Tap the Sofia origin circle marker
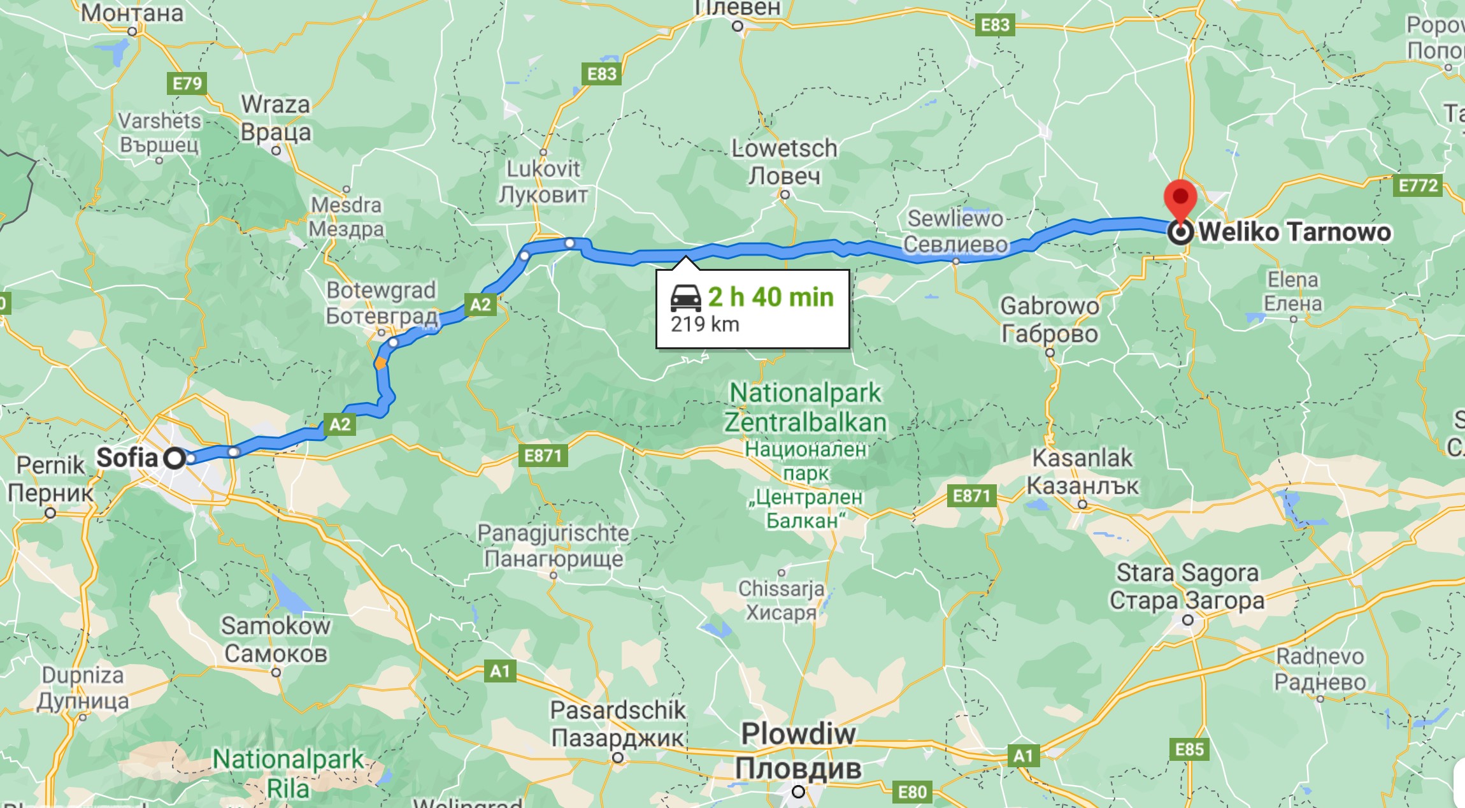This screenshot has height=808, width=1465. [x=175, y=458]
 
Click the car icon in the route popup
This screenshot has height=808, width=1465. [x=685, y=298]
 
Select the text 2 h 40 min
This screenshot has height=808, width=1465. [x=771, y=297]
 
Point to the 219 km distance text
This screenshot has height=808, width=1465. [x=704, y=324]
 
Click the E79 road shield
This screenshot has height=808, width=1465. [x=187, y=83]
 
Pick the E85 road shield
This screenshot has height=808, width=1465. [x=1189, y=749]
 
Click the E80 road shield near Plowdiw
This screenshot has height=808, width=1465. [x=912, y=792]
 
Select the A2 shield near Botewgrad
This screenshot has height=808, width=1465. [x=480, y=305]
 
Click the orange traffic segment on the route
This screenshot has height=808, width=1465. [x=380, y=364]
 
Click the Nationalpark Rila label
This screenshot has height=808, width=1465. [x=288, y=773]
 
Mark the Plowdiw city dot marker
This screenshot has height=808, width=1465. [x=798, y=792]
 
